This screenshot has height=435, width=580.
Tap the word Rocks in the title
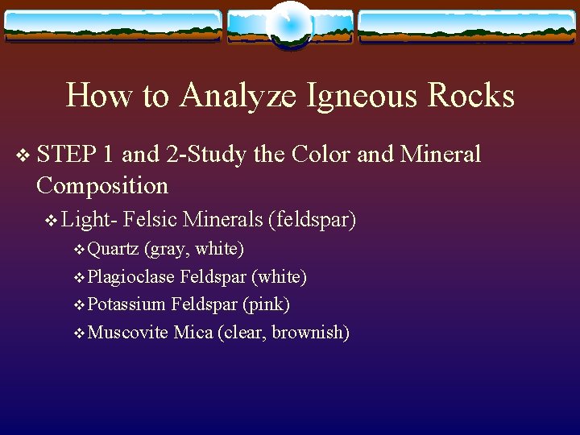(x=471, y=96)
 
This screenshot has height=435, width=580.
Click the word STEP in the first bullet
(x=67, y=154)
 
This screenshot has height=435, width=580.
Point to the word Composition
(x=102, y=185)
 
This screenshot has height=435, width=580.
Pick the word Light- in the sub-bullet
(x=90, y=218)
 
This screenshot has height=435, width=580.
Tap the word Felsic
(x=151, y=218)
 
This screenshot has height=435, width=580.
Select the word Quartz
(x=114, y=249)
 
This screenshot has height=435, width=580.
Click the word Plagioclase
(x=131, y=277)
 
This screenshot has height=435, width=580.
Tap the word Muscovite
(x=127, y=332)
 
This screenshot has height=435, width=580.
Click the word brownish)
(x=310, y=332)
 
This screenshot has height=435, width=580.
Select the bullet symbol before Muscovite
(x=78, y=333)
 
